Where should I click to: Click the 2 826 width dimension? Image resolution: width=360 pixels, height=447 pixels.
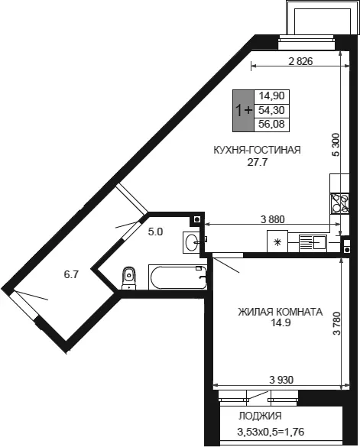(300, 61)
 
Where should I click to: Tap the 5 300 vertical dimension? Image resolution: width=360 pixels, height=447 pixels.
(336, 144)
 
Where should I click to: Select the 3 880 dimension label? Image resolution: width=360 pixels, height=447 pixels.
(273, 219)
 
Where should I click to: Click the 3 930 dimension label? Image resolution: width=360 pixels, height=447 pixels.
(281, 380)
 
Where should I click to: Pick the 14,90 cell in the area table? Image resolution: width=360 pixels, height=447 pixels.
(271, 96)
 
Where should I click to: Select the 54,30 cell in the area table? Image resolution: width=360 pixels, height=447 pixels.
(271, 110)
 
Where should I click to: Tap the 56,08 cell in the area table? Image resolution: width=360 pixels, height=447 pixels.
(271, 125)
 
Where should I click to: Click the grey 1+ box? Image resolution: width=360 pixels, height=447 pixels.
(243, 111)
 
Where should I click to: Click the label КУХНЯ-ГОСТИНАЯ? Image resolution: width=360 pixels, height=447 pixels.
(257, 150)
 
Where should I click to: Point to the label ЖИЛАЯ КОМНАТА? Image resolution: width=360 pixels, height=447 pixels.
(281, 312)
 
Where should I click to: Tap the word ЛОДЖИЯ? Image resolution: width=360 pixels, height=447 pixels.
(260, 416)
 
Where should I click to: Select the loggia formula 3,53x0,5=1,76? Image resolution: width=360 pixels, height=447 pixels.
(271, 432)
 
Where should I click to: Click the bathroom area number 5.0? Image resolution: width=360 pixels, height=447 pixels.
(155, 232)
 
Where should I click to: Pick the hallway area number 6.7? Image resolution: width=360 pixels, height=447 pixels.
(71, 274)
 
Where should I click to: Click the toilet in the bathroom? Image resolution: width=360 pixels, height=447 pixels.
(129, 278)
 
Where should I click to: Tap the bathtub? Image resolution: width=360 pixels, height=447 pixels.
(177, 277)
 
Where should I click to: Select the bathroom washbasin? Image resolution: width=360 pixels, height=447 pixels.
(191, 242)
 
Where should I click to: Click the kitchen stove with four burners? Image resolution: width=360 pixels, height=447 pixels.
(339, 203)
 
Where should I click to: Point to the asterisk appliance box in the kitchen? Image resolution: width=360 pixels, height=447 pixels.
(277, 241)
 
